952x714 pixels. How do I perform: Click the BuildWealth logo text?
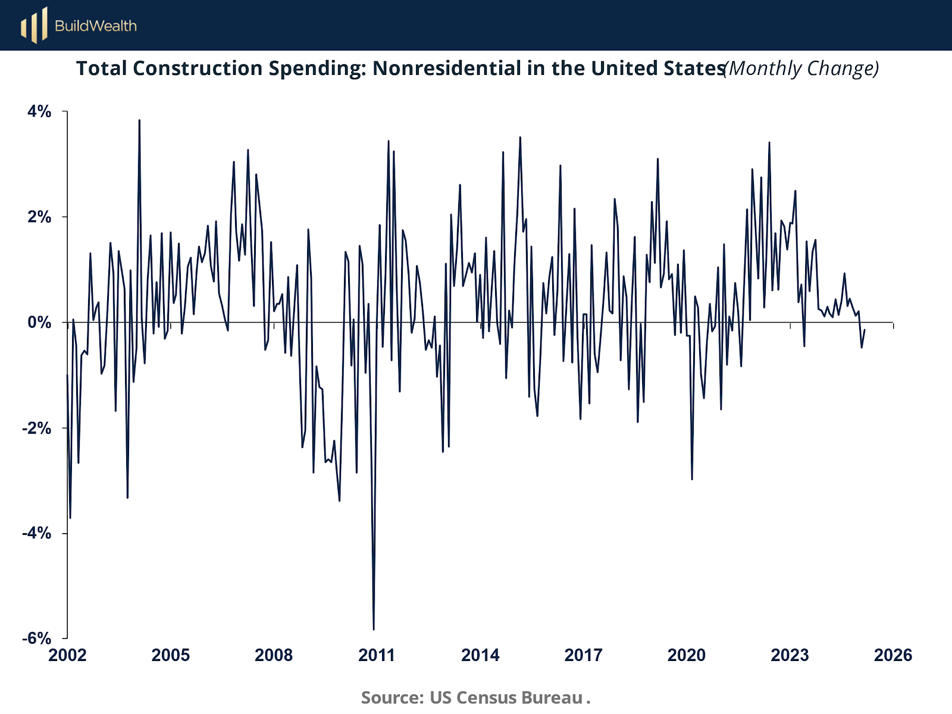(x=96, y=26)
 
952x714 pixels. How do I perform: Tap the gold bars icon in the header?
(x=34, y=26)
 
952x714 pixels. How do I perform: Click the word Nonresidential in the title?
(x=447, y=68)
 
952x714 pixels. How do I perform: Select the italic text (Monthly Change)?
(x=801, y=68)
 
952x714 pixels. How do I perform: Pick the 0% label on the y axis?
(x=39, y=322)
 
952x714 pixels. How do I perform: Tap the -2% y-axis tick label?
(x=37, y=428)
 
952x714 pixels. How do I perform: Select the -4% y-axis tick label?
(x=37, y=533)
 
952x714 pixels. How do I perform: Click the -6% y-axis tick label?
(x=37, y=638)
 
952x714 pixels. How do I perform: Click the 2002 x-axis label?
(x=67, y=656)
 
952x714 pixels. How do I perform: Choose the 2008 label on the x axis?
(x=274, y=656)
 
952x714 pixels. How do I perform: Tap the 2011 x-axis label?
(x=377, y=656)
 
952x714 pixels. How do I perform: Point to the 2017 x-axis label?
(x=583, y=656)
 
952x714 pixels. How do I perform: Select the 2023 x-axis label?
(x=790, y=656)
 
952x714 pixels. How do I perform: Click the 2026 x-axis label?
(x=892, y=656)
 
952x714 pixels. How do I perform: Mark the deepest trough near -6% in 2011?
(x=374, y=628)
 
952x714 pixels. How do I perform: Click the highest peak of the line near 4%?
(x=139, y=121)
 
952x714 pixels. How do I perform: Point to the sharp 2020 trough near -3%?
(x=692, y=478)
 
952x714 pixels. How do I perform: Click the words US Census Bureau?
(x=506, y=697)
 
